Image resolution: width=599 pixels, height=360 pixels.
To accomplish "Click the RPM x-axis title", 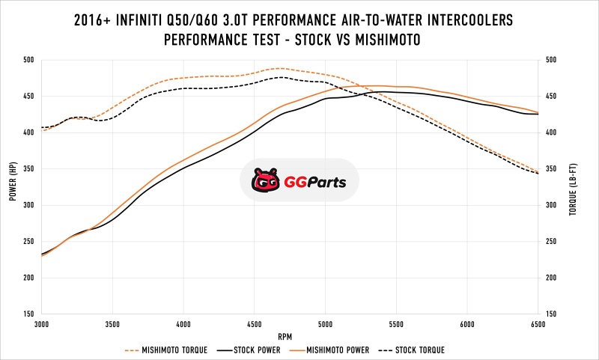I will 290,336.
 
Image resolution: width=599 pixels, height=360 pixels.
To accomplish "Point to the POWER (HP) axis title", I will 13,183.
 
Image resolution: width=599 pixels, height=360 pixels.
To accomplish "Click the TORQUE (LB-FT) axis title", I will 573,187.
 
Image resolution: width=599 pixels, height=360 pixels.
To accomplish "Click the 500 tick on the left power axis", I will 28,61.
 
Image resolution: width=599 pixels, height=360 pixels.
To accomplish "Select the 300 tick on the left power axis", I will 28,206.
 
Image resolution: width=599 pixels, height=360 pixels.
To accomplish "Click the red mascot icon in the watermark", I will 263,180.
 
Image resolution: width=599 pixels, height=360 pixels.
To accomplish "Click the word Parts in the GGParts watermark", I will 326,181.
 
